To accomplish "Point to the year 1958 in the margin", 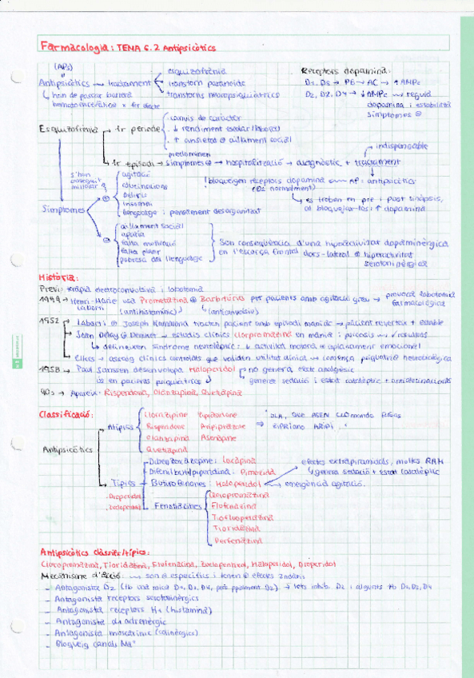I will pyautogui.click(x=50, y=372).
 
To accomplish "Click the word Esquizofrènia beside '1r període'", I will pyautogui.click(x=66, y=129).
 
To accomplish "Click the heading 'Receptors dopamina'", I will pyautogui.click(x=345, y=70).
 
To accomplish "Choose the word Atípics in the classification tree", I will pyautogui.click(x=120, y=427).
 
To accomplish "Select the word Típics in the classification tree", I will pyautogui.click(x=122, y=484).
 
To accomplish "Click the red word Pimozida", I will pyautogui.click(x=239, y=473).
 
